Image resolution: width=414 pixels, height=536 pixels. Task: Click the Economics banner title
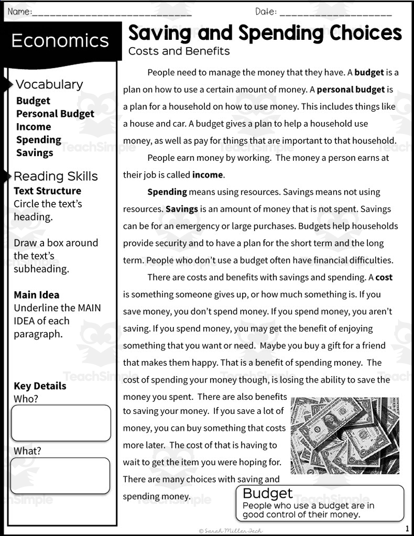point(60,41)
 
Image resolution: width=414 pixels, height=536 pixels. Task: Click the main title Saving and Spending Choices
point(264,33)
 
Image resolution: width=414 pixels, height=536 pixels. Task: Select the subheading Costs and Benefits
point(179,51)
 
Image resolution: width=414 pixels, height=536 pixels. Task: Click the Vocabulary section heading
point(49,84)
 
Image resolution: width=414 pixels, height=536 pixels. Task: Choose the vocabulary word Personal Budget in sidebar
point(55,114)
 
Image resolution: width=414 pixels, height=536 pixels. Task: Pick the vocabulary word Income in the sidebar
point(34,127)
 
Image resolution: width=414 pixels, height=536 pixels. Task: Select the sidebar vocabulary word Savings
point(35,153)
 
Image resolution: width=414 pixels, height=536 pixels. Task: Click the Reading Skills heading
point(55,176)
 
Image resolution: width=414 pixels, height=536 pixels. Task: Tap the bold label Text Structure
point(48,191)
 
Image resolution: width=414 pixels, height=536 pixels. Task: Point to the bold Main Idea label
point(37,295)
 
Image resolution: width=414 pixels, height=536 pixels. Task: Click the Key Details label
point(40,386)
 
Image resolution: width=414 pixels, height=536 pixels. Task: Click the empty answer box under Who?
point(61,423)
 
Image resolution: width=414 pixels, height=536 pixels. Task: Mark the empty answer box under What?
point(61,475)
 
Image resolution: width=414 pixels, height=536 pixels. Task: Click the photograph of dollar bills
point(345,436)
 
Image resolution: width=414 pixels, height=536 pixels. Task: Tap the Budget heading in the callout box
point(268,493)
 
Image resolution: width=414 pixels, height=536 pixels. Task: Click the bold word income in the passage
point(207,175)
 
